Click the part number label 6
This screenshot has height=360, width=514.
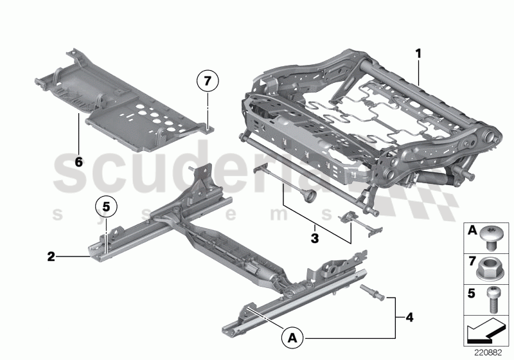78,161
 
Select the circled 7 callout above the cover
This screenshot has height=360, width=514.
208,82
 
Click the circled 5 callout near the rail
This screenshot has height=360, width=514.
107,207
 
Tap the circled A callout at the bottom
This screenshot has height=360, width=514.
292,336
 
